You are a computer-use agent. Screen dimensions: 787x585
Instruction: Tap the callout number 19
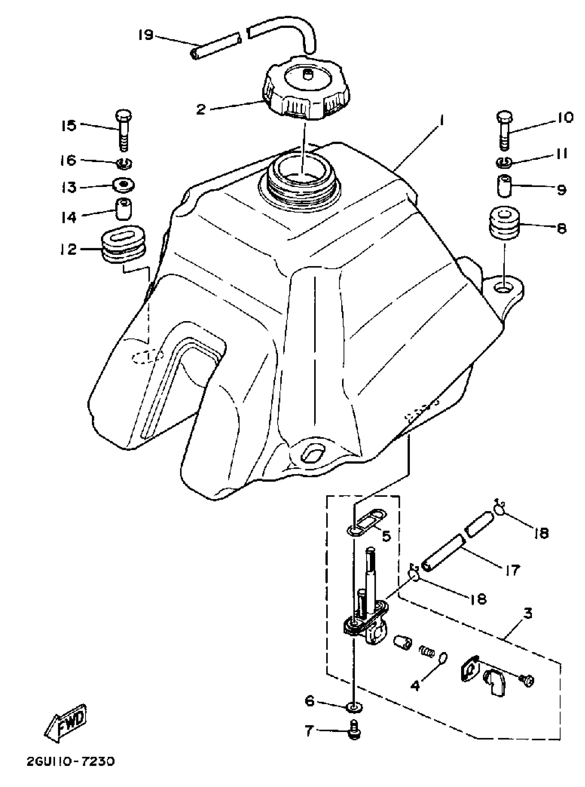(x=145, y=35)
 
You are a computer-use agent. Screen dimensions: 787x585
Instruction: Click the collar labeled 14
(x=123, y=210)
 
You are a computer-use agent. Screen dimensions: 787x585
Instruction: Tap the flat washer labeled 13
(x=123, y=184)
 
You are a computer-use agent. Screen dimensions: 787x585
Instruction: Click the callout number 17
(x=512, y=570)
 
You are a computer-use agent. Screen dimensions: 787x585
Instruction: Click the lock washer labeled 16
(x=124, y=163)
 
